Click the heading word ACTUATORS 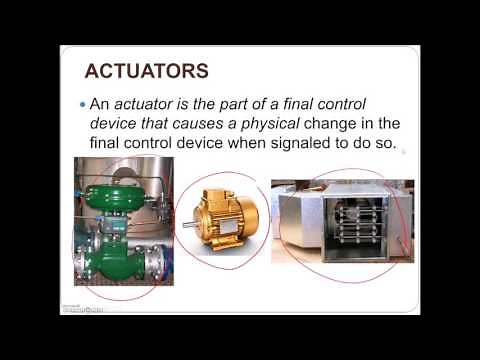[x=145, y=71]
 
